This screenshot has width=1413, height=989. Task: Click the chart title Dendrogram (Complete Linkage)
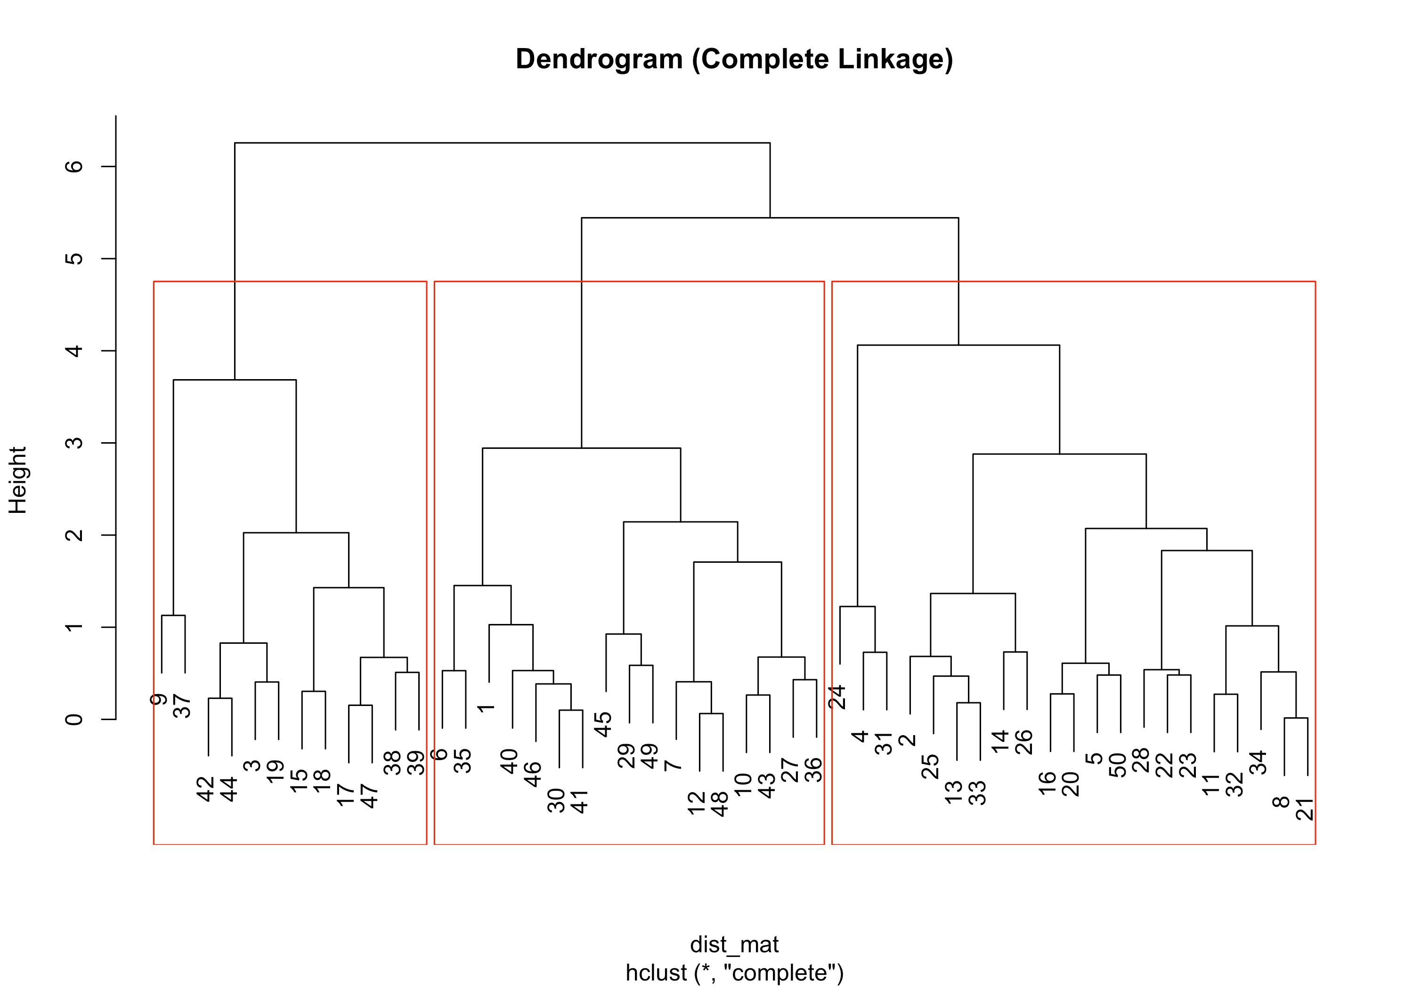[734, 60]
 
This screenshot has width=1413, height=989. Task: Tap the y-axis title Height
[18, 480]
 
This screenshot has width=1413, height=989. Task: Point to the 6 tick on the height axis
[74, 166]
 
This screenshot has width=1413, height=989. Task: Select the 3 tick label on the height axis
[74, 443]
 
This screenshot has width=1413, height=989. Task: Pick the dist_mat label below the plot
[734, 944]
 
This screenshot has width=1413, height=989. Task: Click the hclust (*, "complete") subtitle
[734, 973]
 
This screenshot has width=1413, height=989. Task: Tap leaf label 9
[159, 699]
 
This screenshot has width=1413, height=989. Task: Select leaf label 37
[183, 706]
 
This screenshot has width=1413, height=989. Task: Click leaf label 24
[837, 697]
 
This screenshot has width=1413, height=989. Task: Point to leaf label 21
[1305, 809]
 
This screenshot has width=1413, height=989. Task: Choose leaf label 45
[603, 724]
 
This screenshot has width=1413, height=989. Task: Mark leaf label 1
[486, 708]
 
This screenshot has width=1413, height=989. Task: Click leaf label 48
[719, 804]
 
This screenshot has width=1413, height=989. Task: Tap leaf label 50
[1118, 765]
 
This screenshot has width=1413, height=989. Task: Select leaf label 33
[977, 793]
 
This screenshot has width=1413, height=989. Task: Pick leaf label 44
[229, 790]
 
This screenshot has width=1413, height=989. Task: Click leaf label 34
[1258, 762]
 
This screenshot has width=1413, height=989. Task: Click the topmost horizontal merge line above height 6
[502, 143]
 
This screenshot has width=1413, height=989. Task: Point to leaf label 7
[673, 765]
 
